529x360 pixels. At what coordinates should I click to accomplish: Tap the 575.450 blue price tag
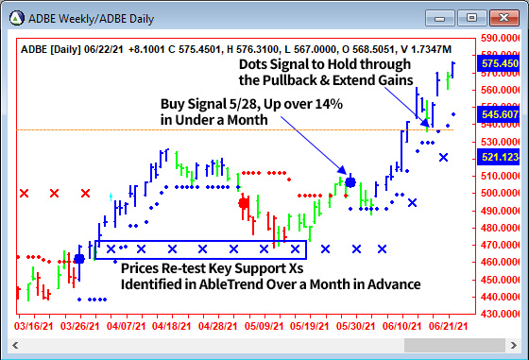pyautogui.click(x=500, y=64)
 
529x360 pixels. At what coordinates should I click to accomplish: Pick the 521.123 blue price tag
pyautogui.click(x=500, y=157)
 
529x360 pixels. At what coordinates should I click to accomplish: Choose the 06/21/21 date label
pyautogui.click(x=443, y=326)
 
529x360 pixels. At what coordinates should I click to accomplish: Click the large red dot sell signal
pyautogui.click(x=244, y=202)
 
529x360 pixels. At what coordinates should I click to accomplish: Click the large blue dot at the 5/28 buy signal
pyautogui.click(x=350, y=181)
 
